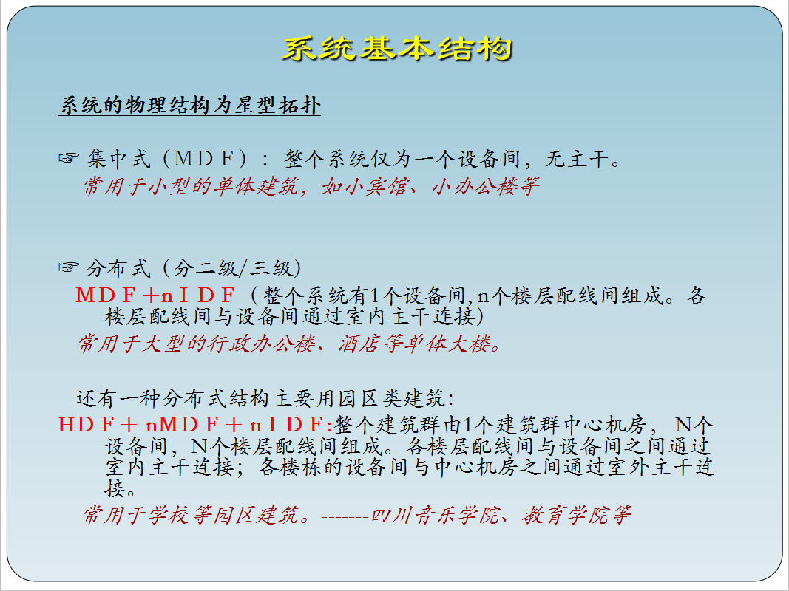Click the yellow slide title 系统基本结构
397,49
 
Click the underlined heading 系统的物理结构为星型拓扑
190,105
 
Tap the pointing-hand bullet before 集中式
69,158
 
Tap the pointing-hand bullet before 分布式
69,267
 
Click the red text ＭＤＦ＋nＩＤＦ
155,295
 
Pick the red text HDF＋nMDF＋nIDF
195,425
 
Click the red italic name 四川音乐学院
435,515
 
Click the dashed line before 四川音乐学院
345,516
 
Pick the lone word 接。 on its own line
120,488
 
